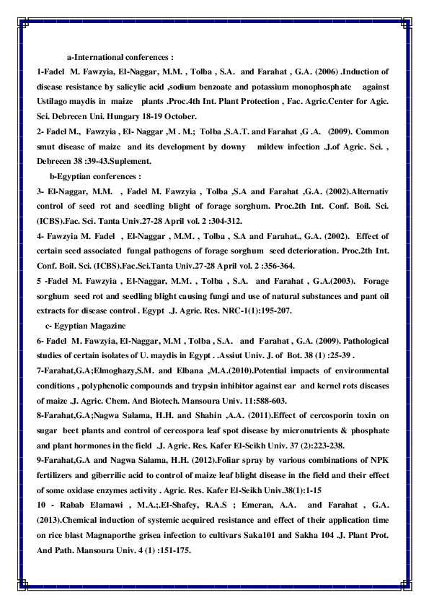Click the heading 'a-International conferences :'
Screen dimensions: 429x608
pyautogui.click(x=120, y=56)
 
